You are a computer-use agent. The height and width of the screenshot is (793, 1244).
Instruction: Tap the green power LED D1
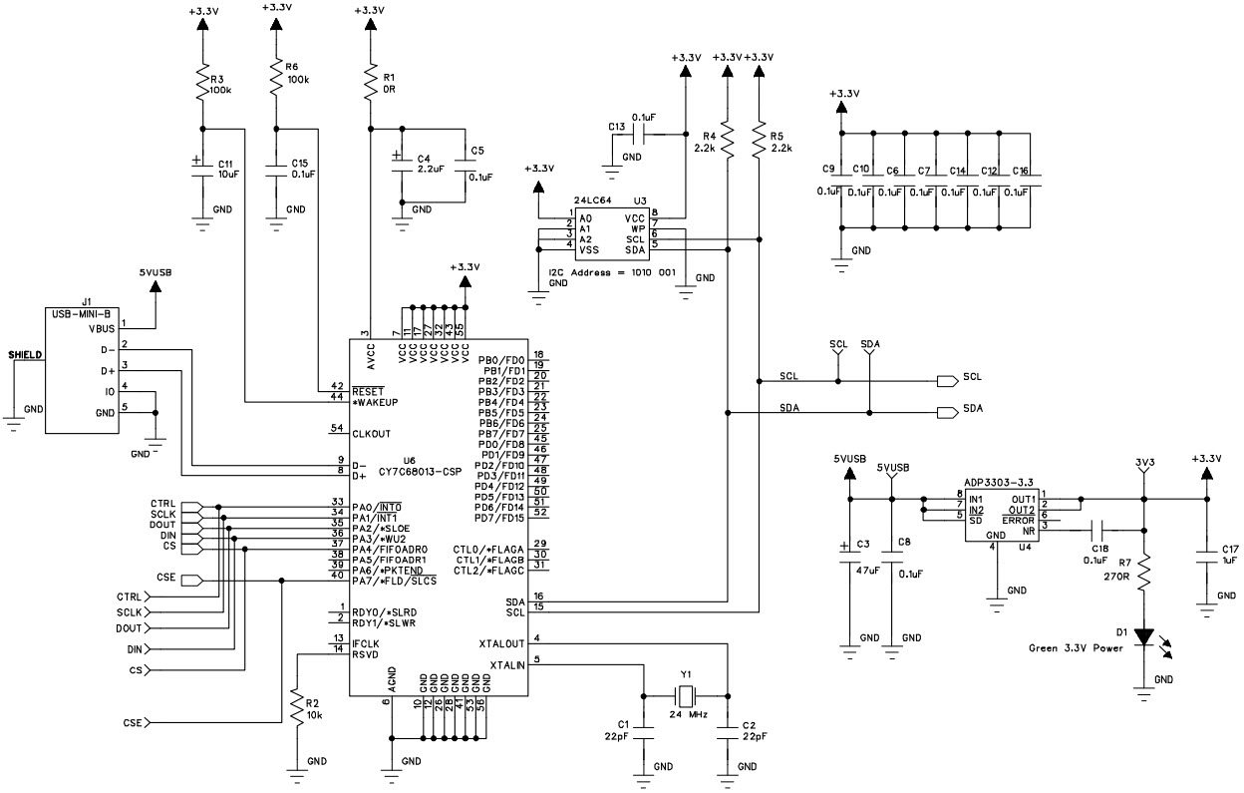coord(1143,636)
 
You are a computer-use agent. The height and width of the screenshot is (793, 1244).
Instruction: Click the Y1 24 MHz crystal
coord(686,696)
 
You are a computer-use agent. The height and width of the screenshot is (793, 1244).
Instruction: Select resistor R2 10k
coord(296,709)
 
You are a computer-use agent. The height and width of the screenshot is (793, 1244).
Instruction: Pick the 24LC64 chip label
coord(591,200)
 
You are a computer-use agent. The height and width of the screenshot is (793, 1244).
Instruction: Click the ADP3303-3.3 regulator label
coord(998,480)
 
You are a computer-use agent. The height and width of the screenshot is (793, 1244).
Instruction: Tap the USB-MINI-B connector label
coord(84,314)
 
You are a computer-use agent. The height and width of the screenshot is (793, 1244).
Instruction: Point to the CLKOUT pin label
coord(371,433)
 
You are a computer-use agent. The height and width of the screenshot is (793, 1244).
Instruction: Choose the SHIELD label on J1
coord(25,354)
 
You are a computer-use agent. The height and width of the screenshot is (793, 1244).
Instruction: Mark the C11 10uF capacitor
coord(203,168)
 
